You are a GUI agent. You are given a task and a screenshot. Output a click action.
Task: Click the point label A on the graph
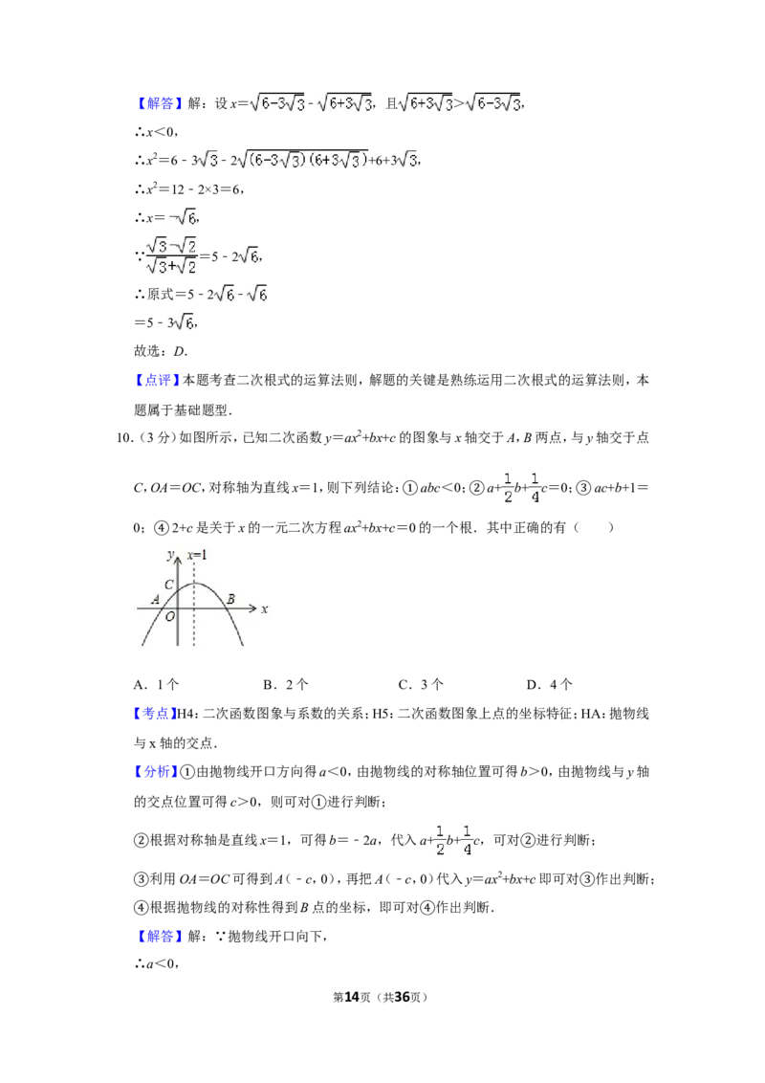pyautogui.click(x=155, y=600)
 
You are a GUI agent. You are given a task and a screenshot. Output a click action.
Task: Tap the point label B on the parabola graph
pyautogui.click(x=230, y=599)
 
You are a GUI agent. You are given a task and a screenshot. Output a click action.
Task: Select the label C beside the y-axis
pyautogui.click(x=168, y=585)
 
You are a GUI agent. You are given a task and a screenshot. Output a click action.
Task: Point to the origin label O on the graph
pyautogui.click(x=170, y=617)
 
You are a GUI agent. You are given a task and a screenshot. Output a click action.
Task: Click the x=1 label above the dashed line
pyautogui.click(x=197, y=555)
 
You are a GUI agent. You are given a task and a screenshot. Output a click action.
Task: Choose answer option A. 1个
pyautogui.click(x=156, y=684)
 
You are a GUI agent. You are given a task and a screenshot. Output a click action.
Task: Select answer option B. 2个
pyautogui.click(x=286, y=684)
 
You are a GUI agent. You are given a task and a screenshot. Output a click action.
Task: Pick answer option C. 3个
pyautogui.click(x=421, y=684)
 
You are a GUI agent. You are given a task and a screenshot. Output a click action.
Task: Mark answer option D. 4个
pyautogui.click(x=550, y=684)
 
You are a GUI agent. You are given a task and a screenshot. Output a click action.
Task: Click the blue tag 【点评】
pyautogui.click(x=158, y=380)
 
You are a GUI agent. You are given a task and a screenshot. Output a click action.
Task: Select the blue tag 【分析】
pyautogui.click(x=156, y=771)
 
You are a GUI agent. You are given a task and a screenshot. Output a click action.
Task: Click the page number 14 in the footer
pyautogui.click(x=352, y=997)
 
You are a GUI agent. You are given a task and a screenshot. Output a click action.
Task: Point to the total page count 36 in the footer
pyautogui.click(x=401, y=997)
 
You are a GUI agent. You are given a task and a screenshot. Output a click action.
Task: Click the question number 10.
pyautogui.click(x=124, y=438)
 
